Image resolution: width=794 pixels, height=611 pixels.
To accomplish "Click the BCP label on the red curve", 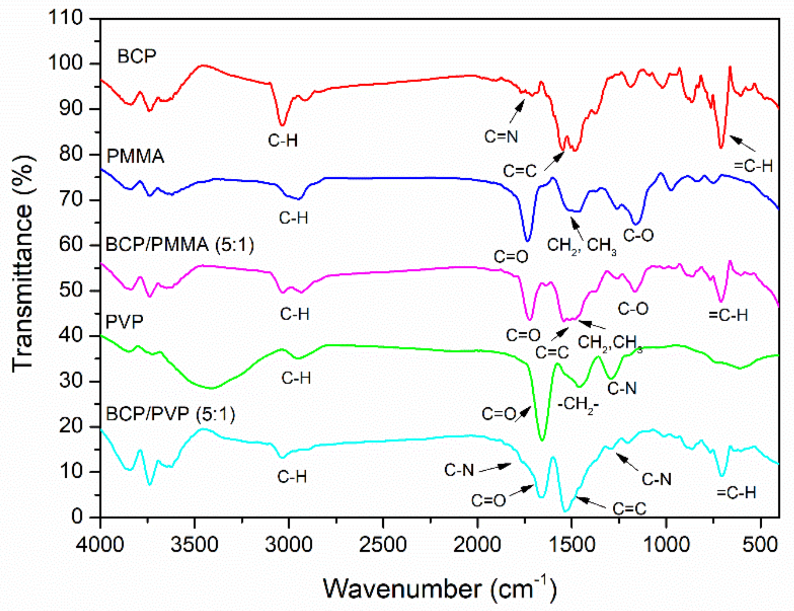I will tap(137, 57).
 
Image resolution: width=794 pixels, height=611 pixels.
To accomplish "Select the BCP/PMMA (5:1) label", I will tap(179, 245).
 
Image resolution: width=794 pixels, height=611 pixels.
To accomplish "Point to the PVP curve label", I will tap(124, 321).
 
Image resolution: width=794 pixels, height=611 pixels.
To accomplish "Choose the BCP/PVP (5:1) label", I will tap(170, 414).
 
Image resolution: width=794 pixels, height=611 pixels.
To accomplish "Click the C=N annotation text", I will tap(501, 137).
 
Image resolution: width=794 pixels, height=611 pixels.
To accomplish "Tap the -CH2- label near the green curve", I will tap(578, 404).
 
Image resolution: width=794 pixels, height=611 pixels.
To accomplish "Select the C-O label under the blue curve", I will tap(638, 235).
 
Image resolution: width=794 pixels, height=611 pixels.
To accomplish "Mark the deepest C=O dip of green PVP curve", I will tap(542, 440).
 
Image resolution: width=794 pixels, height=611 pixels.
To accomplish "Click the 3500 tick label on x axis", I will tap(194, 545).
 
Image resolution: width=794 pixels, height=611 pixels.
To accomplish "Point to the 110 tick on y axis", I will tap(66, 18).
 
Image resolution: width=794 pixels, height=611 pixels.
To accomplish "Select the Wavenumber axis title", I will tap(439, 589).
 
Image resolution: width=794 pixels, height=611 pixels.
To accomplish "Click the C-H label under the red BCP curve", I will tap(283, 141).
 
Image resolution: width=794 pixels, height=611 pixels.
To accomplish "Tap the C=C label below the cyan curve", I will tap(629, 509).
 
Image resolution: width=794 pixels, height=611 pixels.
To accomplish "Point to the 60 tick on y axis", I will tap(71, 245).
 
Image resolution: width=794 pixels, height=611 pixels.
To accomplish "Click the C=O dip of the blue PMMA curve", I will tap(527, 240).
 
